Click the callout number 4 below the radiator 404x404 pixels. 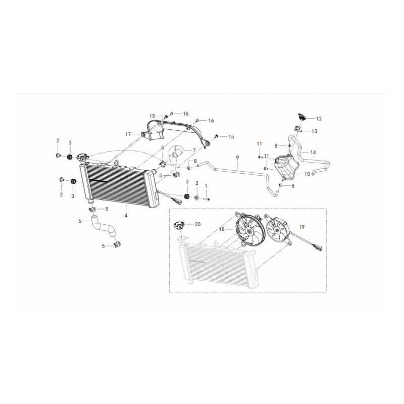[126, 216]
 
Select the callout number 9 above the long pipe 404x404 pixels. [237, 158]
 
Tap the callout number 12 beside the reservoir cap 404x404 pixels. [319, 119]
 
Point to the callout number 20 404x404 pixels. [197, 224]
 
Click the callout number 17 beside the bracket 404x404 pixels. [128, 134]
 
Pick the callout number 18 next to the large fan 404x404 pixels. [222, 229]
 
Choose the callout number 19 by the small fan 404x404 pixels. [301, 227]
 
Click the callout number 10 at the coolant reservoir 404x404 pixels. [307, 174]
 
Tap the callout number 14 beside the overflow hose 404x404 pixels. [313, 153]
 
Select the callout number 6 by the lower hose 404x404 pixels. [80, 221]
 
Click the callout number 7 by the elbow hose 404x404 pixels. [194, 150]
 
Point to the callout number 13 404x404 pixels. [314, 131]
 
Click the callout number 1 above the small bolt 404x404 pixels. [206, 186]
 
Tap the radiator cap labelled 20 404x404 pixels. [180, 226]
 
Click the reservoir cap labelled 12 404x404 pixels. [301, 117]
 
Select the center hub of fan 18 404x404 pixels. [249, 232]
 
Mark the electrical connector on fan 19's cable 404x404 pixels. [317, 246]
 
